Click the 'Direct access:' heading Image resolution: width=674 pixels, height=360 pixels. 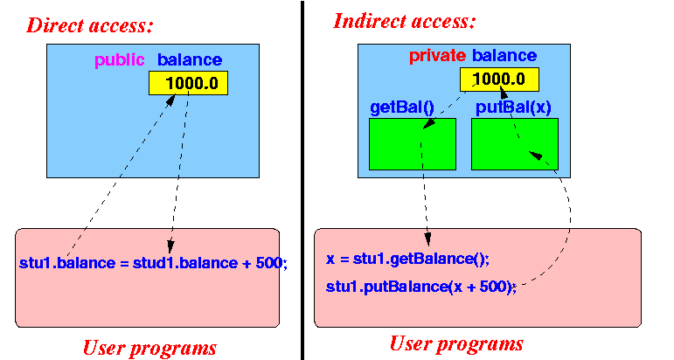point(90,25)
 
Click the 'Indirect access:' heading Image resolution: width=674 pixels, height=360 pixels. point(405,21)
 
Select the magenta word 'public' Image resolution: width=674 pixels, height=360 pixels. point(120,60)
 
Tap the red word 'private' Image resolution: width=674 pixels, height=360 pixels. point(437,55)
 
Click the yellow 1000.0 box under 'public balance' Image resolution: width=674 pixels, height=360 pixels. point(188,83)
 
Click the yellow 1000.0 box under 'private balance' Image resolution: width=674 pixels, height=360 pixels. point(499,79)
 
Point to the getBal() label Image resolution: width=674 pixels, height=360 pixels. point(402,107)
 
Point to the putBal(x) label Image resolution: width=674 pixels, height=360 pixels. point(513,107)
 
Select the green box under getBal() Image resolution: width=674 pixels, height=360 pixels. point(413,144)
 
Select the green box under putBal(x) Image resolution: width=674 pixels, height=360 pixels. point(515,144)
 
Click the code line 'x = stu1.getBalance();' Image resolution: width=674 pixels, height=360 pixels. point(407,259)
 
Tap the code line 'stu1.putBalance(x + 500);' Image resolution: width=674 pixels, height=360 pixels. point(421,287)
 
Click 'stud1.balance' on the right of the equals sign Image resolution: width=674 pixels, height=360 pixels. point(185,263)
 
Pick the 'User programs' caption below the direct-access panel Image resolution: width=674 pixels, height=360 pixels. point(149,348)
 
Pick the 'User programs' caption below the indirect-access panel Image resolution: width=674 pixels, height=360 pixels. point(456,343)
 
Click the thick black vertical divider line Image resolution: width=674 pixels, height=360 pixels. point(302,180)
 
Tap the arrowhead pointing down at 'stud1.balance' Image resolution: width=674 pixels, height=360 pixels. point(170,246)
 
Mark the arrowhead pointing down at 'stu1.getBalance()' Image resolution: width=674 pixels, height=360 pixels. point(427,239)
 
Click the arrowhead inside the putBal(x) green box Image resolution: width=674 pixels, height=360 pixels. point(536,155)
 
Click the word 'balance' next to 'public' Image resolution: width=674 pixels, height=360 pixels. point(190,60)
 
